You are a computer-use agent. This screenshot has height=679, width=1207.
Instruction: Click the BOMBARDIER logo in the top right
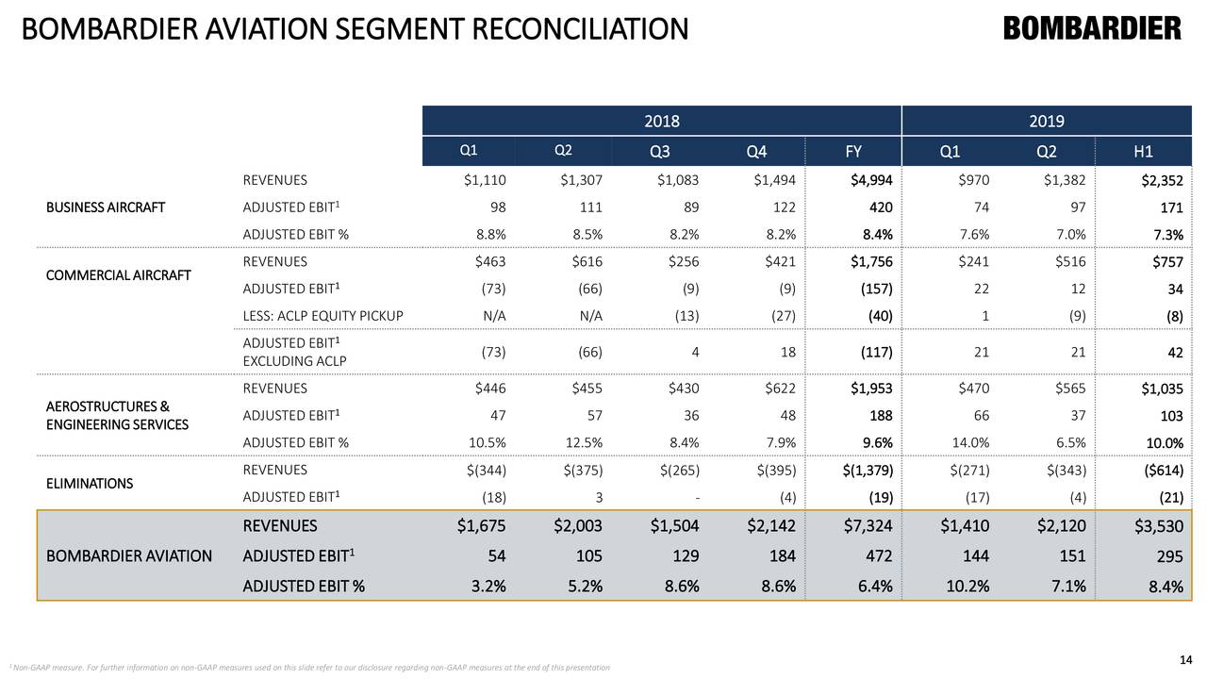1092,29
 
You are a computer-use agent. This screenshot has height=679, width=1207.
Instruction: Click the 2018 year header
662,121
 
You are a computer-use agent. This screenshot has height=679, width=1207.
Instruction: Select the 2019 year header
1047,121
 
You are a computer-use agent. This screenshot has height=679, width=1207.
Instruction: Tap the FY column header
854,152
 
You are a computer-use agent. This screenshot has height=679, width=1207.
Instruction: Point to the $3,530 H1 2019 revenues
1159,527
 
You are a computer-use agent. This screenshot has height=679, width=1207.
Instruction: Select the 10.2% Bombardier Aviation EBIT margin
964,588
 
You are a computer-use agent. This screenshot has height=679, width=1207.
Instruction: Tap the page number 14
1187,658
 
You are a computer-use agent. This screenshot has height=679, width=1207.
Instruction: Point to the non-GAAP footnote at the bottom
306,668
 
